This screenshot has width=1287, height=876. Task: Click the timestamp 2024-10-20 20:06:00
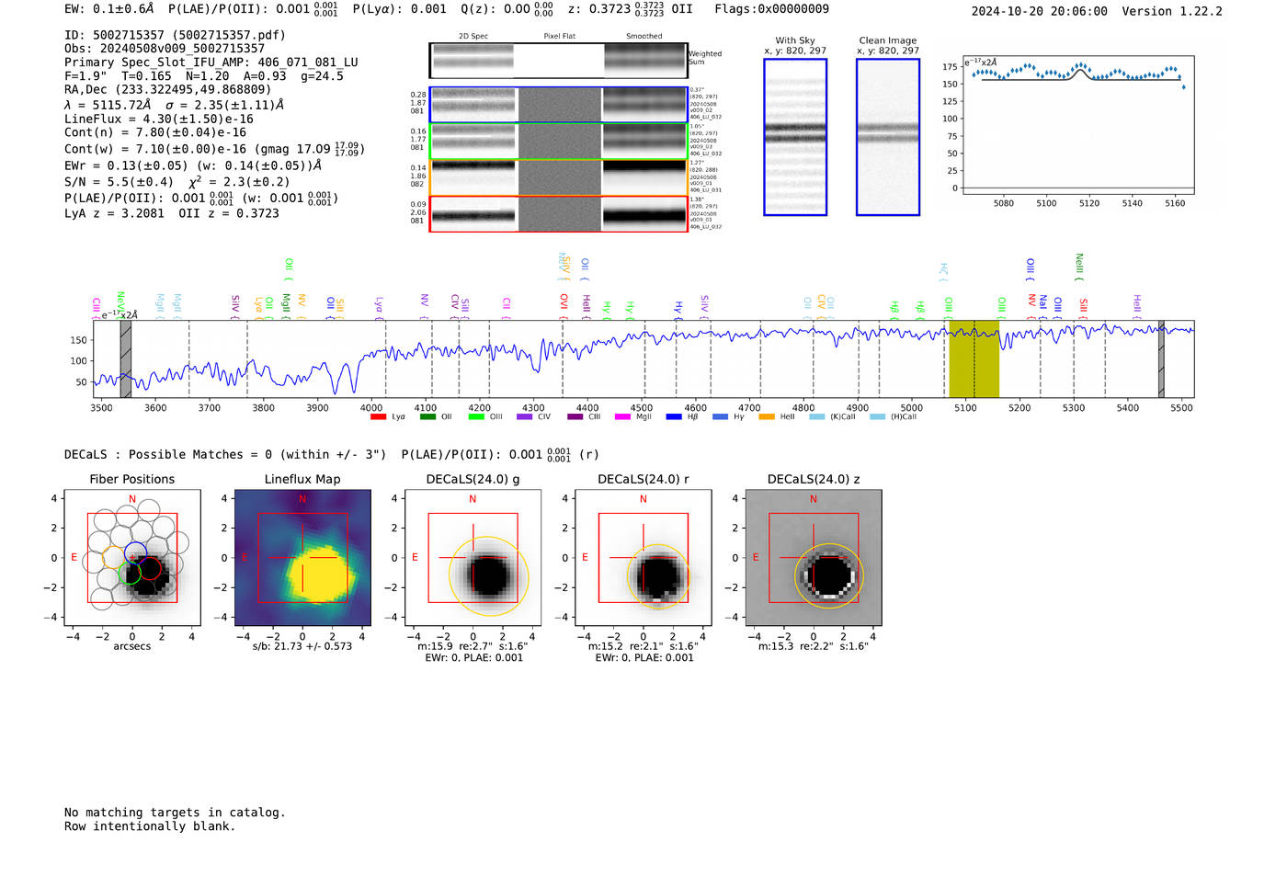coord(1039,11)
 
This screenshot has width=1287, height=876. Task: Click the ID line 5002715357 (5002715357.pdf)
coord(175,35)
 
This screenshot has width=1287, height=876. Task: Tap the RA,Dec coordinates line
coord(167,89)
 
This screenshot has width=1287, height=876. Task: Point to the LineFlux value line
coord(158,119)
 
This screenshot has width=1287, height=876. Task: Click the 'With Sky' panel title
coord(794,40)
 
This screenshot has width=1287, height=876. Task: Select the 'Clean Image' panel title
coord(887,40)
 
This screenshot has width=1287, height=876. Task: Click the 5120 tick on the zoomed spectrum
coord(1089,203)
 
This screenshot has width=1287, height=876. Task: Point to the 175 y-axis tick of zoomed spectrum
coord(950,66)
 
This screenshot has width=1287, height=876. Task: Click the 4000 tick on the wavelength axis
coord(371,407)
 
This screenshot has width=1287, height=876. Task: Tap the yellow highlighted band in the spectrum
coord(974,358)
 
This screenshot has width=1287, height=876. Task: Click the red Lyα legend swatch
coord(378,417)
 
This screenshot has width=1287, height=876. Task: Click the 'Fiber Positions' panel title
coord(131,479)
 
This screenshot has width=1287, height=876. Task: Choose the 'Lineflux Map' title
coord(302,479)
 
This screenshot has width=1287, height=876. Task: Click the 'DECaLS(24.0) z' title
coord(813,479)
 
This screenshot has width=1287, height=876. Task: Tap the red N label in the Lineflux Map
coord(302,499)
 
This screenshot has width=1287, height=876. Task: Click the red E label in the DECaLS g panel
coord(415,557)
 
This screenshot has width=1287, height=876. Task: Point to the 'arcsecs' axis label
coord(131,646)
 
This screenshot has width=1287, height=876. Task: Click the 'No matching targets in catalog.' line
coord(175,812)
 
